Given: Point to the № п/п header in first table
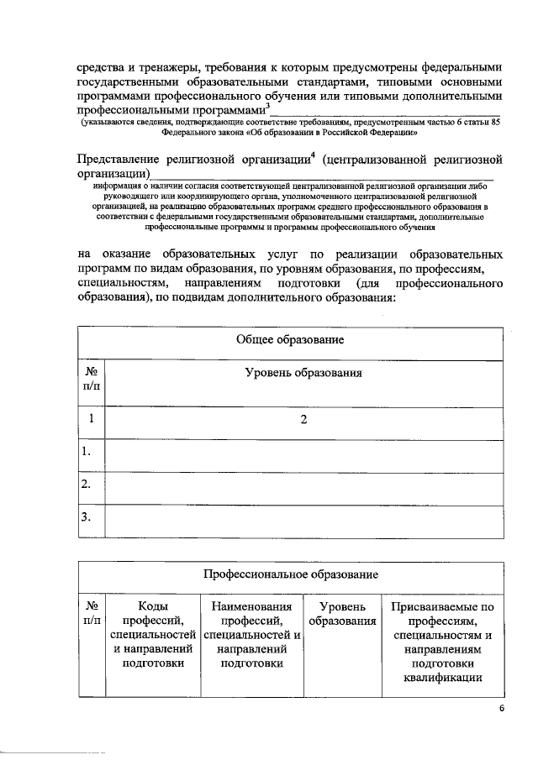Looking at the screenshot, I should click(x=92, y=380).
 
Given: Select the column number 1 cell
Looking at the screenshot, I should click(x=92, y=419).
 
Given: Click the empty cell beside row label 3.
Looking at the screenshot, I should click(x=303, y=516).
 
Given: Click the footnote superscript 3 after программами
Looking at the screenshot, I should click(x=266, y=104).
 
